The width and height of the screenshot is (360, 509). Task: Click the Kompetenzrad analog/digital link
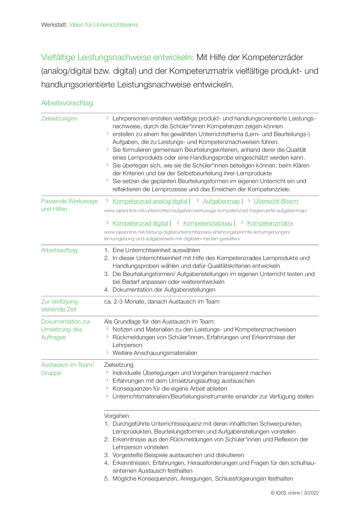[x=150, y=201]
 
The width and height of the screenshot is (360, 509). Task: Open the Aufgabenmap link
[x=221, y=201]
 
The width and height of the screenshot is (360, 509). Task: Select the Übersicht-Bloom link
[x=276, y=201]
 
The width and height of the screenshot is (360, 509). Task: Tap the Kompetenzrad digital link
[x=140, y=223]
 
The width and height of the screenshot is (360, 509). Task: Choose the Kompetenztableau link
[x=208, y=223]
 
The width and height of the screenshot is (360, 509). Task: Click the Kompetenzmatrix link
[x=270, y=223]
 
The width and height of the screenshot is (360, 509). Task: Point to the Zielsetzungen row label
[x=59, y=118]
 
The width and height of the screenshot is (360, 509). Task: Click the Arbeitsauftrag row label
[x=59, y=250]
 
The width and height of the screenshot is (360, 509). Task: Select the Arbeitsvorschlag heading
[x=67, y=103]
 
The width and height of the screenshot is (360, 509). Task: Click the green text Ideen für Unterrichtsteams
[x=104, y=25]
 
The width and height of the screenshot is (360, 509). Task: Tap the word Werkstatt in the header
[x=54, y=25]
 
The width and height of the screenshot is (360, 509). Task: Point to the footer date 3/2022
[x=311, y=493]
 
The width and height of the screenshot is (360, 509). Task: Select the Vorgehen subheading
[x=116, y=416]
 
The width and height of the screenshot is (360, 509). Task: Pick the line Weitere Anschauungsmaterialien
[x=155, y=353]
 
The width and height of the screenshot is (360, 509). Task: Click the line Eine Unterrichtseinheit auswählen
[x=156, y=250]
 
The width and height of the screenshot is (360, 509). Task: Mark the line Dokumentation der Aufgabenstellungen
[x=164, y=290]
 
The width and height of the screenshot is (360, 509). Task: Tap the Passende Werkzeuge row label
[x=69, y=201]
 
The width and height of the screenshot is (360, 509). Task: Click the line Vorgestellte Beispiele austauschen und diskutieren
[x=178, y=455]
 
